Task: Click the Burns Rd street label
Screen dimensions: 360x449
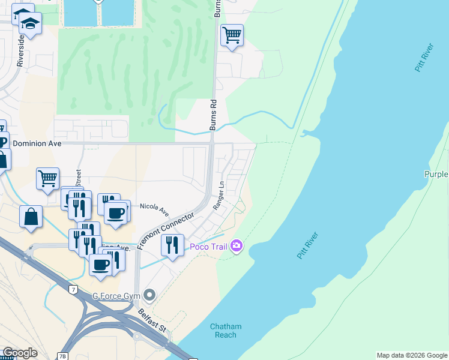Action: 212,115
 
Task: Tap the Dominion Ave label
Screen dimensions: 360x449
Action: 37,144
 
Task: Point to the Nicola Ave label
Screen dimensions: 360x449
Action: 154,209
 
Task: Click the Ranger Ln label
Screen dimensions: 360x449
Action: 218,196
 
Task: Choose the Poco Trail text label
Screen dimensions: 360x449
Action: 208,247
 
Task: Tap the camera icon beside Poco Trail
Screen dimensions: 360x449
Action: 237,246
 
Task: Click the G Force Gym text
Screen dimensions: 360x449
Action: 116,296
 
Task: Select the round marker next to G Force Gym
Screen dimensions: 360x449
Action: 149,295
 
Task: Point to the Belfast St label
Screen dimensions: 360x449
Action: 152,321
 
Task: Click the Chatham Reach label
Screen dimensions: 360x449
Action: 226,331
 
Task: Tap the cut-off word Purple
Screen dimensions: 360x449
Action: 436,174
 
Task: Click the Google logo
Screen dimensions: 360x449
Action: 19,353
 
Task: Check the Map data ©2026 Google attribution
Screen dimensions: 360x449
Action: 412,355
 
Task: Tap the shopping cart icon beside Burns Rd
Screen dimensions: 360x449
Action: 232,35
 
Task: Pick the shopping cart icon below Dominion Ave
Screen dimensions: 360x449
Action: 47,178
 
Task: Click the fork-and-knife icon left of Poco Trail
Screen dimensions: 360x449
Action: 172,245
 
